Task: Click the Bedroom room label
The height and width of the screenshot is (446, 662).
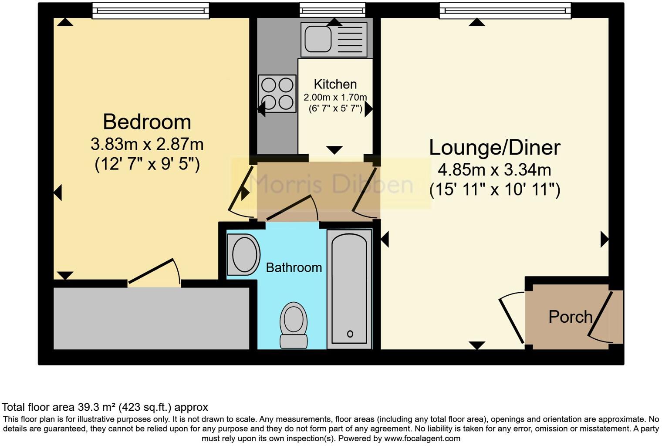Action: [x=147, y=122]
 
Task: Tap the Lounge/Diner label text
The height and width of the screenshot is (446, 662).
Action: [x=494, y=148]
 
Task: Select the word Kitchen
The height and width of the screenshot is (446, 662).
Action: [x=335, y=84]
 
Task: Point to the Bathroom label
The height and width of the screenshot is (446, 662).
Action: [x=294, y=267]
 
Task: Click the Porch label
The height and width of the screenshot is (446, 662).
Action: [x=570, y=317]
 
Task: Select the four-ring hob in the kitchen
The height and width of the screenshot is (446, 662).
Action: [x=277, y=93]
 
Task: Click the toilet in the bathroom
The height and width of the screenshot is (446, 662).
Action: [x=294, y=324]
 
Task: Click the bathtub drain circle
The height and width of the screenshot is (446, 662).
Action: [x=350, y=334]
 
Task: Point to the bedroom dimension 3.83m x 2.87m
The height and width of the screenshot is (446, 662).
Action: [x=147, y=144]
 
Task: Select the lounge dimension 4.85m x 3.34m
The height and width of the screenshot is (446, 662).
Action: [x=494, y=169]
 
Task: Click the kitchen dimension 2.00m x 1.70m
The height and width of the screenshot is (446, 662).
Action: [x=335, y=97]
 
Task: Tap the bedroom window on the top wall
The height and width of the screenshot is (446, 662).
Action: [x=150, y=11]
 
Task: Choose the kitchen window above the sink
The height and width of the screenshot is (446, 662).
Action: [x=332, y=10]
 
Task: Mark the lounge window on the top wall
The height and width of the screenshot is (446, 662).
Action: [x=505, y=11]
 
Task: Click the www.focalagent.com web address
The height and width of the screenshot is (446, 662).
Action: [x=422, y=438]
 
